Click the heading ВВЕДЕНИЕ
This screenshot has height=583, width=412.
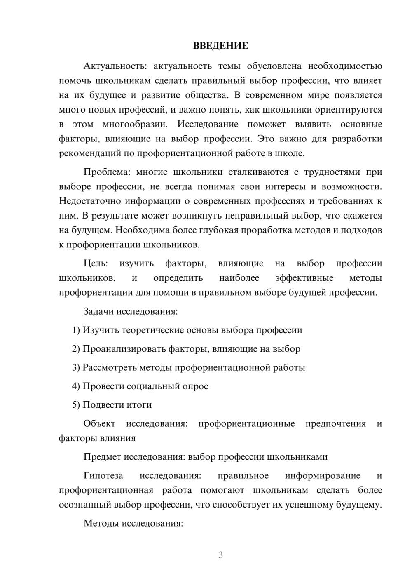(220, 46)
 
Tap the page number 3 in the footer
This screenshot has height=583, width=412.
(220, 555)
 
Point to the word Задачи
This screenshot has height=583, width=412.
(99, 311)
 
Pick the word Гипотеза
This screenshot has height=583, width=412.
(103, 475)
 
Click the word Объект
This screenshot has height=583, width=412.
(99, 424)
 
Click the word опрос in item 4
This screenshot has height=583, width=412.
(196, 386)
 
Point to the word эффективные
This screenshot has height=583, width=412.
(304, 278)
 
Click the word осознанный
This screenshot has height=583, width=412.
(85, 505)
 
